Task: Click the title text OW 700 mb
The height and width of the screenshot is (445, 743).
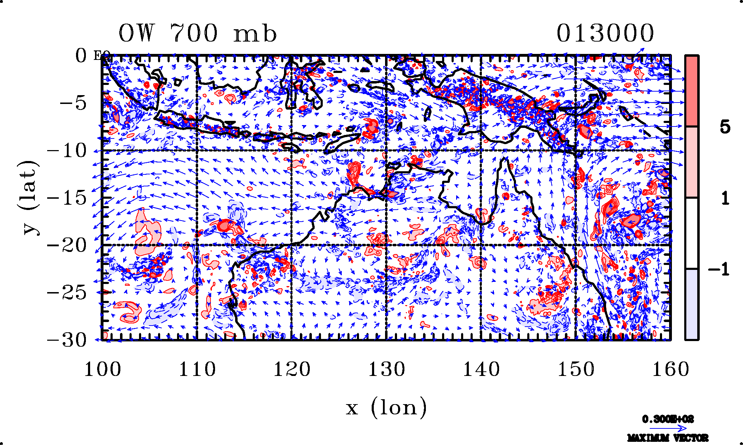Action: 197,34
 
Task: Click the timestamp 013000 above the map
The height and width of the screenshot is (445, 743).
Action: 605,33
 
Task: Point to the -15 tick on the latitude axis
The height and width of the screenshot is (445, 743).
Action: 67,198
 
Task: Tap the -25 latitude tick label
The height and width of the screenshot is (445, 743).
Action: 67,292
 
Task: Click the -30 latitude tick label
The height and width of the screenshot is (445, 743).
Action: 67,340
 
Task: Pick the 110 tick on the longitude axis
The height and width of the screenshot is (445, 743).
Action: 197,370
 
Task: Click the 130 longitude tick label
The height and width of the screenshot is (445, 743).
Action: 386,370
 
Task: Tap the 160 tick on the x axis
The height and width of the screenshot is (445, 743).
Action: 670,370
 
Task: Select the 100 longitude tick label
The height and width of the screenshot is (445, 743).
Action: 102,370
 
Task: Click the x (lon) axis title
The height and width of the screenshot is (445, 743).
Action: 386,408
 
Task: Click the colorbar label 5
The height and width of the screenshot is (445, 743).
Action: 725,127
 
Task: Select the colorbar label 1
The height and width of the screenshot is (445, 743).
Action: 725,199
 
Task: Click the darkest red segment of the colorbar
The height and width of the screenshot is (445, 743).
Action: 692,91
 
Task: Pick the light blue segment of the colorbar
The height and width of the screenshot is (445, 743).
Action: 692,304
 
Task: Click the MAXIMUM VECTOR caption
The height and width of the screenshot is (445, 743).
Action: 668,438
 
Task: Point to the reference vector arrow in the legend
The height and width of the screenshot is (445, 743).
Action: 668,428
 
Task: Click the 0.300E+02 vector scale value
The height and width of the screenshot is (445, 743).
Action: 668,419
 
